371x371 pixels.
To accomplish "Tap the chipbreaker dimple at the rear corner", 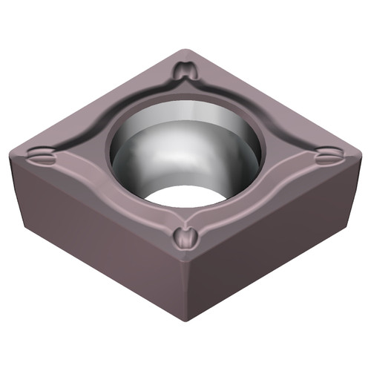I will pos(185,72).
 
